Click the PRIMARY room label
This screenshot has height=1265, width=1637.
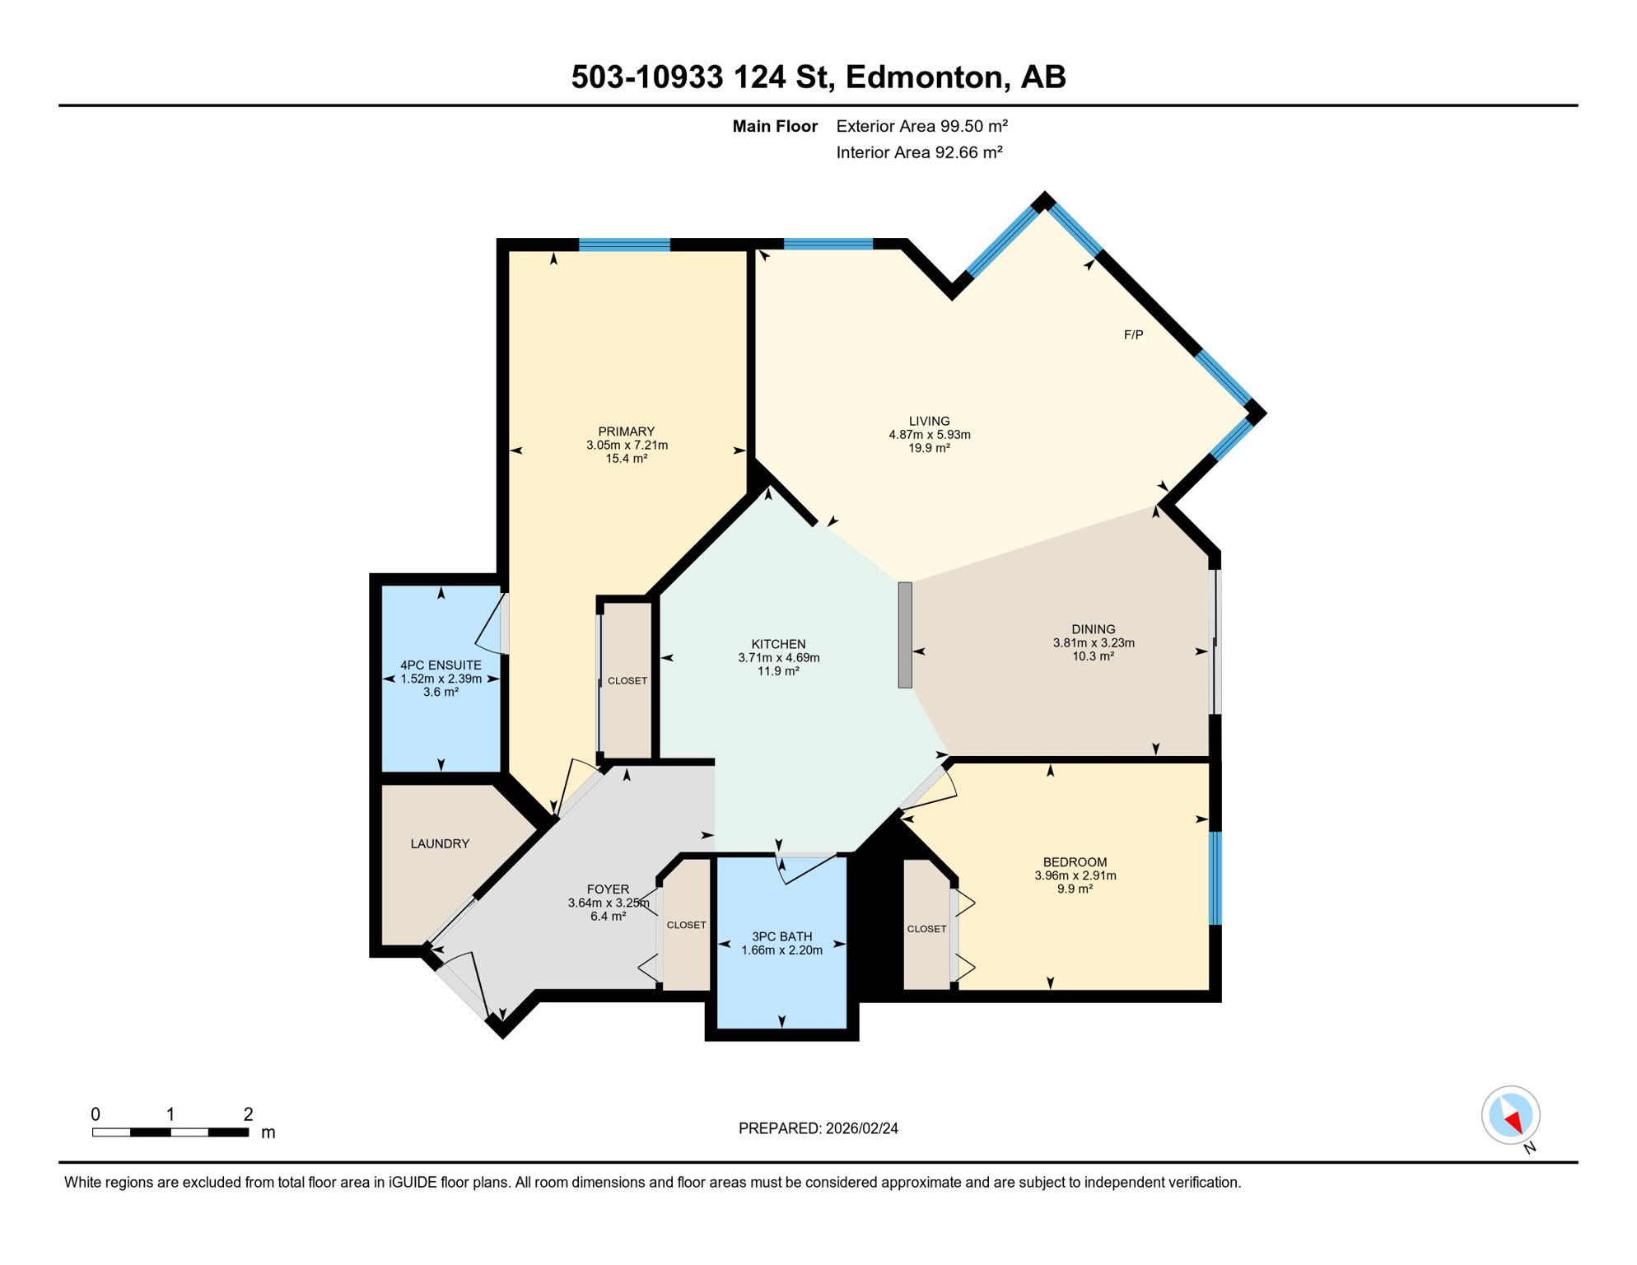pyautogui.click(x=626, y=432)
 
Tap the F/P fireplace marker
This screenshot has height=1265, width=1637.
pyautogui.click(x=1133, y=334)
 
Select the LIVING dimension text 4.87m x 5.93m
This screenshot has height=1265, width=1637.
pyautogui.click(x=929, y=435)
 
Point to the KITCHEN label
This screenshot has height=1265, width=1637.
pyautogui.click(x=778, y=644)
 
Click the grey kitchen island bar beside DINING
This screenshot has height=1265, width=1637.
pyautogui.click(x=904, y=634)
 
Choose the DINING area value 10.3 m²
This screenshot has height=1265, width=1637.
pyautogui.click(x=1093, y=656)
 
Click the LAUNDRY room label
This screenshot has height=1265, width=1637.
pyautogui.click(x=440, y=843)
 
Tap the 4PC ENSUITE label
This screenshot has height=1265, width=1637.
pyautogui.click(x=441, y=665)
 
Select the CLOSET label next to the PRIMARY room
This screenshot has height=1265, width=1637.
pyautogui.click(x=627, y=680)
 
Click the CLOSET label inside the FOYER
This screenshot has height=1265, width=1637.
pyautogui.click(x=686, y=925)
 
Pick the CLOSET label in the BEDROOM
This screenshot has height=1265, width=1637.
pyautogui.click(x=926, y=928)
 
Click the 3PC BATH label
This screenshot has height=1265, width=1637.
pyautogui.click(x=781, y=936)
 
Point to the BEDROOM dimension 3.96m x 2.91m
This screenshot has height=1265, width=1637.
pyautogui.click(x=1075, y=875)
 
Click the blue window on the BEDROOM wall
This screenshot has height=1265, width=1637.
pyautogui.click(x=1215, y=877)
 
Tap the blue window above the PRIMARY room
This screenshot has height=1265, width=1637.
pyautogui.click(x=624, y=245)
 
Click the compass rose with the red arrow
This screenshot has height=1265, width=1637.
pyautogui.click(x=1510, y=1115)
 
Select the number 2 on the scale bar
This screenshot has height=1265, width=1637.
pyautogui.click(x=248, y=1114)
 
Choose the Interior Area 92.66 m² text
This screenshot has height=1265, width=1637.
pyautogui.click(x=919, y=152)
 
